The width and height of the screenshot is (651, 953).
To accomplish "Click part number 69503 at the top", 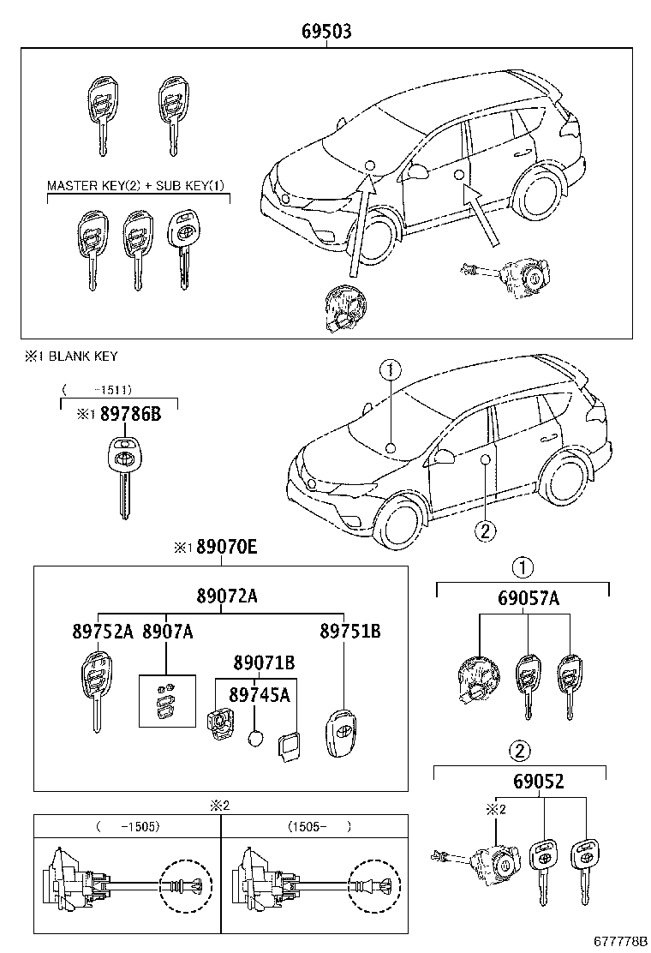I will point(326,32).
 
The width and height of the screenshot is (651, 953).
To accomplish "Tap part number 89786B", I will point(130,414).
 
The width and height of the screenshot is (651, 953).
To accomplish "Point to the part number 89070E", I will point(225,547).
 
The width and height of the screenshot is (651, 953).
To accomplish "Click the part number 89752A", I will point(103,632).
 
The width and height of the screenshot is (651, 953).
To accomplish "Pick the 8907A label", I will point(167,632).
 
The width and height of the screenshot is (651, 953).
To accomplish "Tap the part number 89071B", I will point(265,662).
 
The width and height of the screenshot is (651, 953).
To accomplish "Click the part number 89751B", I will point(349,632).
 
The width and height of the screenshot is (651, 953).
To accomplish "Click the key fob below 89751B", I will point(343,735).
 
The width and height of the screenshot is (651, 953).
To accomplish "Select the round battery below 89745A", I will point(255,738).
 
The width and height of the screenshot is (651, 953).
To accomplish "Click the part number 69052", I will point(539,782).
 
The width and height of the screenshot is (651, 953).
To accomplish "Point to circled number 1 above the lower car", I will point(390,369).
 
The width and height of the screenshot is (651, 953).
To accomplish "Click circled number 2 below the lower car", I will point(484,530).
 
